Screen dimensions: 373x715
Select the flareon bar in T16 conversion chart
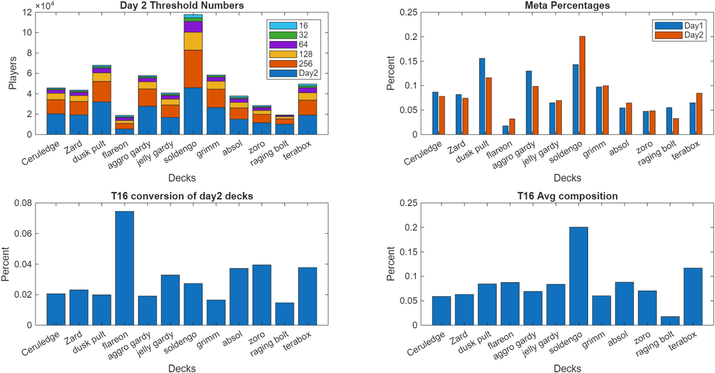click(125, 268)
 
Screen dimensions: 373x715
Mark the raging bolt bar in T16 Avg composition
click(670, 320)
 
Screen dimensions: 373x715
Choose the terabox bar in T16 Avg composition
click(693, 296)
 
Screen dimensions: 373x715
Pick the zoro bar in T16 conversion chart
click(262, 295)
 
